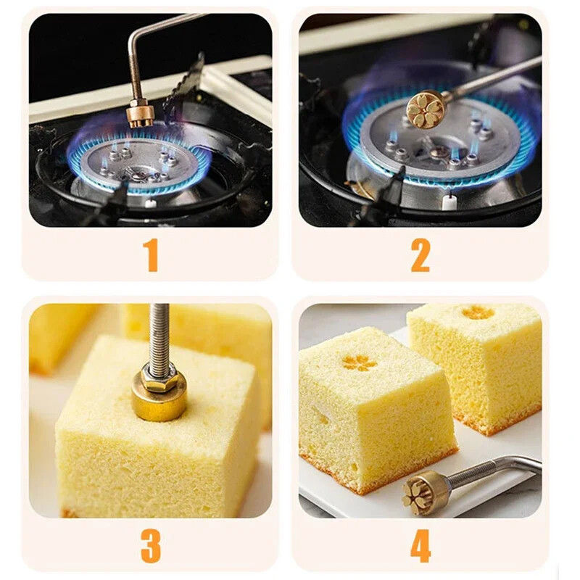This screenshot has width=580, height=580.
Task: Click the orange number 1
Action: [x=152, y=255]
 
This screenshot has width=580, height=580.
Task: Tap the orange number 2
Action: [x=420, y=255]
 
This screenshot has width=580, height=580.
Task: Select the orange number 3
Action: [x=151, y=546]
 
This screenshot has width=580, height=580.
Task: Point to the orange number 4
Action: [x=420, y=546]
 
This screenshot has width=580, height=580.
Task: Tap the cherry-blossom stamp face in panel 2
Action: [x=425, y=110]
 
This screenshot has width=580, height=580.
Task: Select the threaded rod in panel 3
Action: [x=159, y=336]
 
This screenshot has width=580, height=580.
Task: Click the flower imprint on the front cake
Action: [x=360, y=363]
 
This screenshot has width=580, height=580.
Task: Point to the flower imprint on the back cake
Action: [x=478, y=312]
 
